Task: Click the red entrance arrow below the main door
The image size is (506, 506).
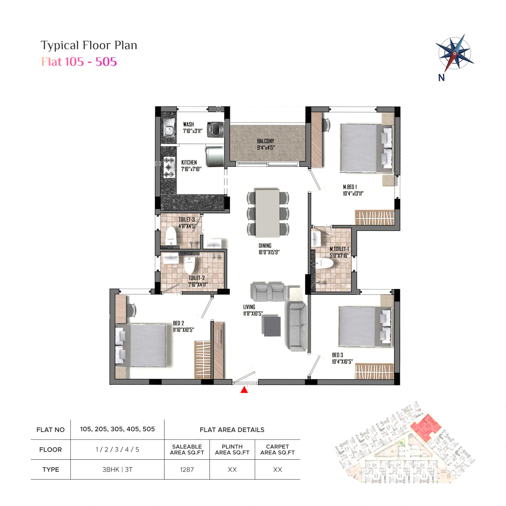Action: coord(244,390)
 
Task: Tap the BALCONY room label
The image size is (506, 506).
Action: coord(266,141)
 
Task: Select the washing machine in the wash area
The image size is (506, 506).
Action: coord(215,129)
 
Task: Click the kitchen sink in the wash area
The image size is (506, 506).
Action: coord(169,128)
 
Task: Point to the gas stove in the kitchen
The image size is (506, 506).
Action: coord(169,167)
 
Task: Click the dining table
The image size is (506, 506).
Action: coord(267,213)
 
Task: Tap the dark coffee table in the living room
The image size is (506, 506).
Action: coord(272,326)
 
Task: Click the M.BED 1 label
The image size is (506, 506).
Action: coord(350,187)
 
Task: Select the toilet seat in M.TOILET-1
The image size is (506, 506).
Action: coord(325,263)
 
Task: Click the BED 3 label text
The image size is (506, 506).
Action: coord(338,355)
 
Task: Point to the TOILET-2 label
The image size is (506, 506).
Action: coord(196,278)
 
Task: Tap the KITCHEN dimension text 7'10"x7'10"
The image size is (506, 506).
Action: coord(192,169)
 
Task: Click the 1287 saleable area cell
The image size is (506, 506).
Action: coord(187,470)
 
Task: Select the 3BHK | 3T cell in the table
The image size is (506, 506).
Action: coord(117,470)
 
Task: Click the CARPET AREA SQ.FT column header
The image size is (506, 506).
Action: coord(278,450)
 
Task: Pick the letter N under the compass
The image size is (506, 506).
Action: coord(441,77)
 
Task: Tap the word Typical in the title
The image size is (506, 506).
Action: coord(60,45)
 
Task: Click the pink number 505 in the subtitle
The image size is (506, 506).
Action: coord(106,62)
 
